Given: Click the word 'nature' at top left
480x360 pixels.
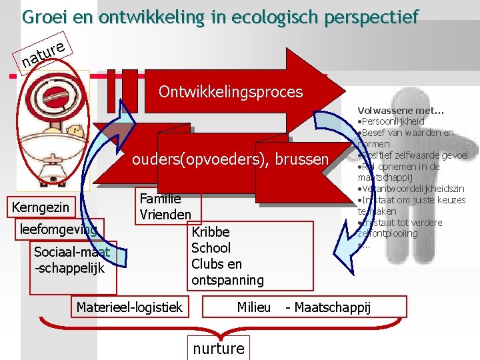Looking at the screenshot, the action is [43, 53].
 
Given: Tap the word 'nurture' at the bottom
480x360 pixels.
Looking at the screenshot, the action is [219, 348].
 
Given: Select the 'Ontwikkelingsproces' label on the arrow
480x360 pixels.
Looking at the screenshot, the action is [231, 91].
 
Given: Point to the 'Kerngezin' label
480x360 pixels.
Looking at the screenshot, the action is [41, 207].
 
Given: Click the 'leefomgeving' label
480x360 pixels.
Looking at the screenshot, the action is [59, 229].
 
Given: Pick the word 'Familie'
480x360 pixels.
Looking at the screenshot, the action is [160, 199].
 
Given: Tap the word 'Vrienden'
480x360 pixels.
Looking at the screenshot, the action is [165, 215].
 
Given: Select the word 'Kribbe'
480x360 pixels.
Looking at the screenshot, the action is [210, 232].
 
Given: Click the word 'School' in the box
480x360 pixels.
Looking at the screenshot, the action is [211, 248].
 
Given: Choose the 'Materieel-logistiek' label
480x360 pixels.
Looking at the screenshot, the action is [129, 307].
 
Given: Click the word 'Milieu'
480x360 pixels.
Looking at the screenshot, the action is [253, 307].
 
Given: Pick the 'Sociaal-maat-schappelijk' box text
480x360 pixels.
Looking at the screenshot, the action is [72, 260].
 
